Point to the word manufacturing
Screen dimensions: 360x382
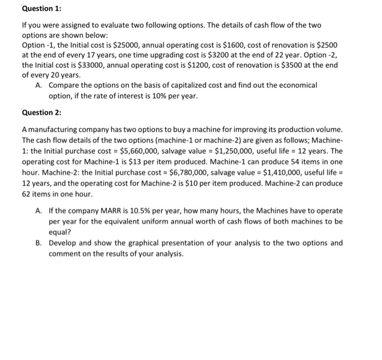tap(54, 130)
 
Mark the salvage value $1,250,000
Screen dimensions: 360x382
tap(240, 150)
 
